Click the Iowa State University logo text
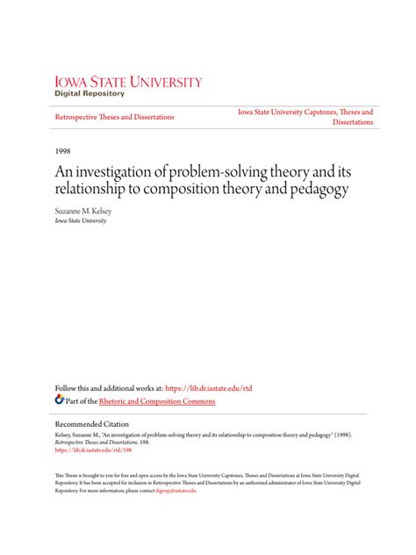coord(128,83)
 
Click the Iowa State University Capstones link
coord(305,112)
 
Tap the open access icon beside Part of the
coord(59,400)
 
